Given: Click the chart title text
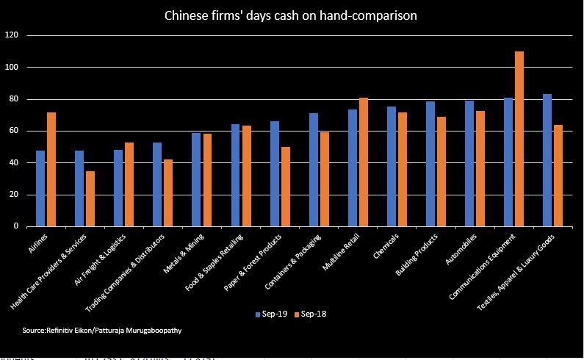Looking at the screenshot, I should pos(291,15).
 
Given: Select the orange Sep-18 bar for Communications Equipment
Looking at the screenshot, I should pos(519,139).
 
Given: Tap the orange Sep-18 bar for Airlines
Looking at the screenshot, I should pos(51,169).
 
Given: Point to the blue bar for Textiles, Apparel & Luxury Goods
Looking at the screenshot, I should pos(547,160).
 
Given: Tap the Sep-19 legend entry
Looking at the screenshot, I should pos(272,314).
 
